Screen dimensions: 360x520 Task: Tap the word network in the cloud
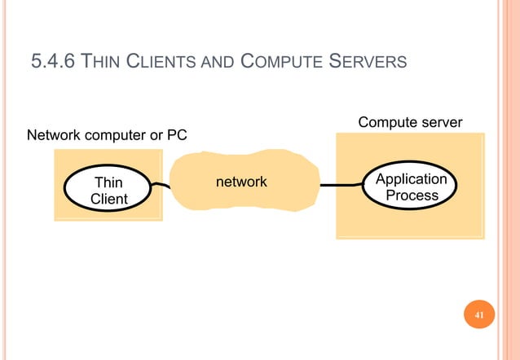(x=240, y=182)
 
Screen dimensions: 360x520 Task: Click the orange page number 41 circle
(x=478, y=315)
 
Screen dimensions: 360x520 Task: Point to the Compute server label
(x=410, y=122)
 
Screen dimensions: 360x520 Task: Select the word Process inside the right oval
(x=412, y=195)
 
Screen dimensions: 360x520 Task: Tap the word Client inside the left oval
(x=108, y=199)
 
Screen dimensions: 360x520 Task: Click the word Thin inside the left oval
(x=108, y=182)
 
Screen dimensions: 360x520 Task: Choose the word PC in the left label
(x=176, y=134)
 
